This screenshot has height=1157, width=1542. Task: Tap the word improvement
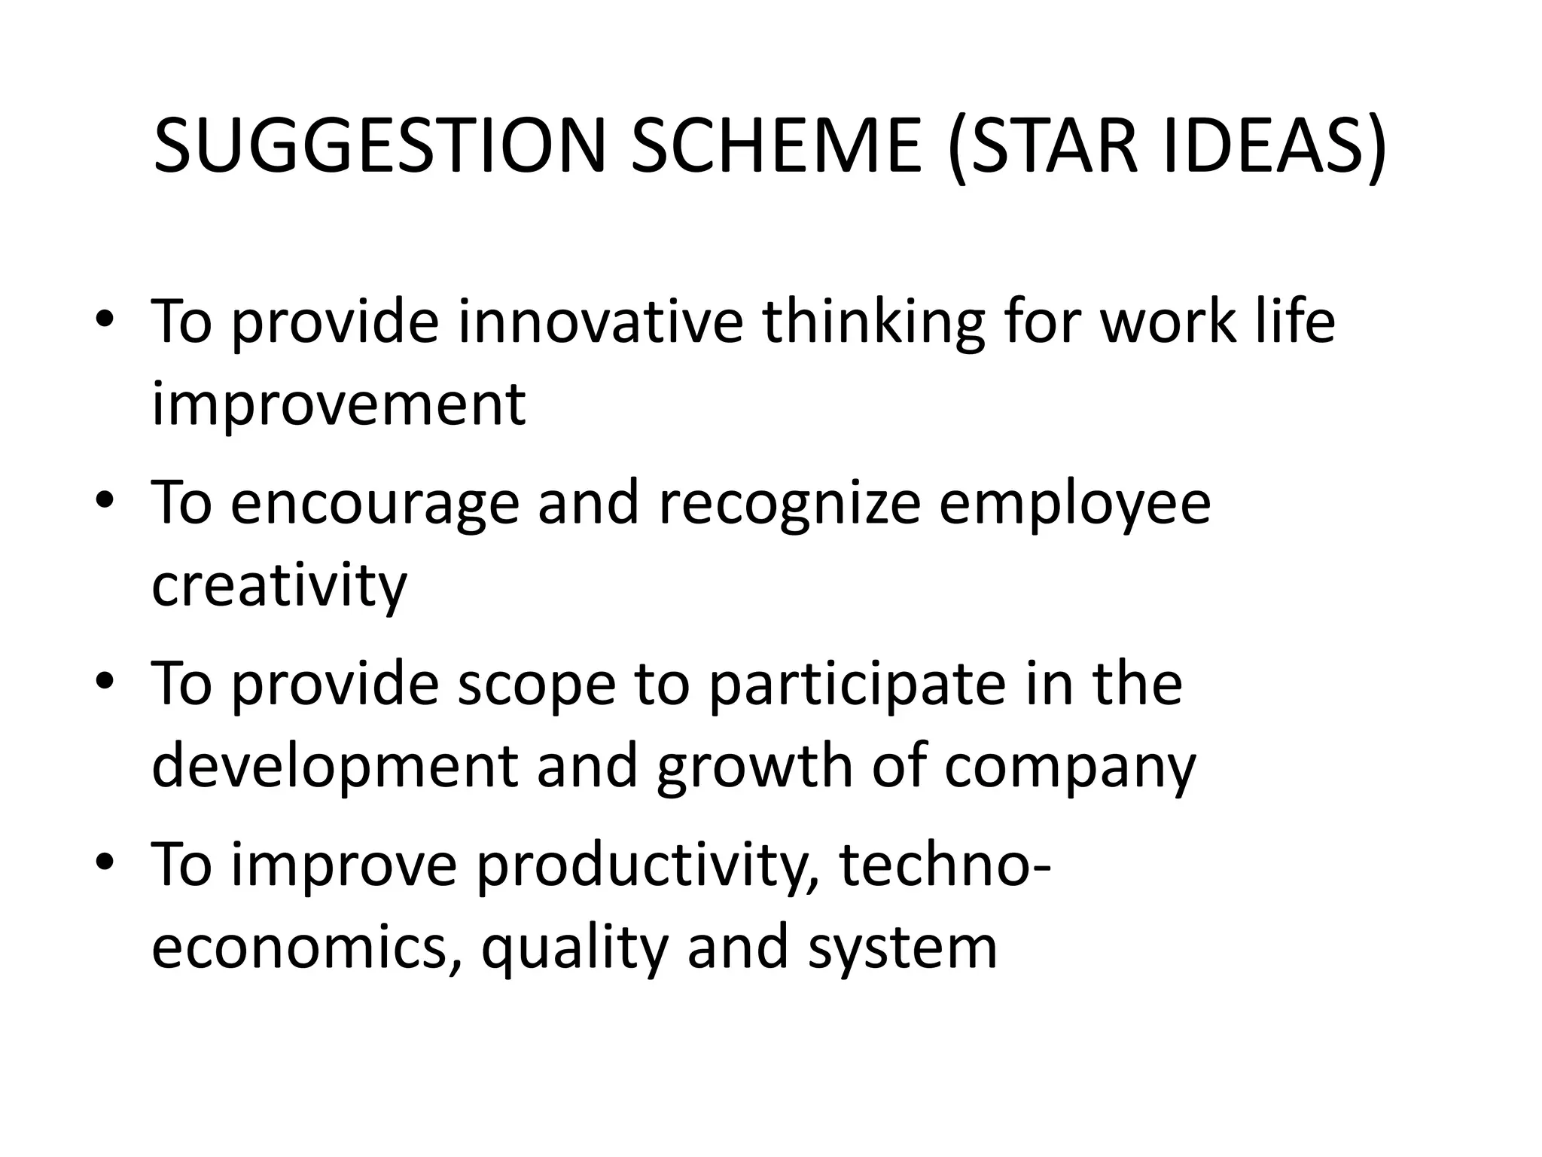[339, 405]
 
